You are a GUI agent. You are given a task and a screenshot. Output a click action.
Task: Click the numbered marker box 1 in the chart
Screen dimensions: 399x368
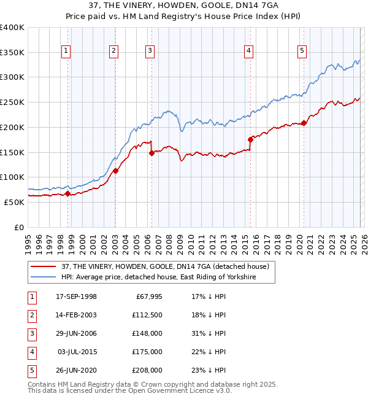pyautogui.click(x=66, y=51)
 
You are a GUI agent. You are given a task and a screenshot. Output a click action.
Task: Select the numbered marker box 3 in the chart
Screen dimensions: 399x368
pyautogui.click(x=150, y=51)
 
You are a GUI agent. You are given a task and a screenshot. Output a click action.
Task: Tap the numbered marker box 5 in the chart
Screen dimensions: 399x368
pyautogui.click(x=302, y=51)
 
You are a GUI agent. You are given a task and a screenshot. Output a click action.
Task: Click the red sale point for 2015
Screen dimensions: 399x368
pyautogui.click(x=250, y=140)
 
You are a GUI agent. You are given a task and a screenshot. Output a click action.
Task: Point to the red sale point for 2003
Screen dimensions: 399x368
pyautogui.click(x=115, y=171)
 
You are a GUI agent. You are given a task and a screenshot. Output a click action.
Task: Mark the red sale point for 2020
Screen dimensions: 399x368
pyautogui.click(x=304, y=123)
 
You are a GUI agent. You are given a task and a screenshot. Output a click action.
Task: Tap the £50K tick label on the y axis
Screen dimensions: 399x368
pyautogui.click(x=13, y=202)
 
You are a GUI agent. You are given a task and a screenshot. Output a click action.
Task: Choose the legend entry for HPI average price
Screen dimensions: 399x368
pyautogui.click(x=158, y=277)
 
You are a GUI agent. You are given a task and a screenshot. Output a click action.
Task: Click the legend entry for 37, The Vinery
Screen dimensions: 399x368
pyautogui.click(x=165, y=266)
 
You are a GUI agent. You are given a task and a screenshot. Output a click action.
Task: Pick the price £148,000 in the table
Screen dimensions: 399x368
pyautogui.click(x=147, y=333)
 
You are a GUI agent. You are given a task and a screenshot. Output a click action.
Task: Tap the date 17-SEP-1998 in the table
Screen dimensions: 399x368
pyautogui.click(x=76, y=296)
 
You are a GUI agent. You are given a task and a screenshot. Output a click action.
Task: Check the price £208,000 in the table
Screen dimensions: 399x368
pyautogui.click(x=147, y=370)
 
